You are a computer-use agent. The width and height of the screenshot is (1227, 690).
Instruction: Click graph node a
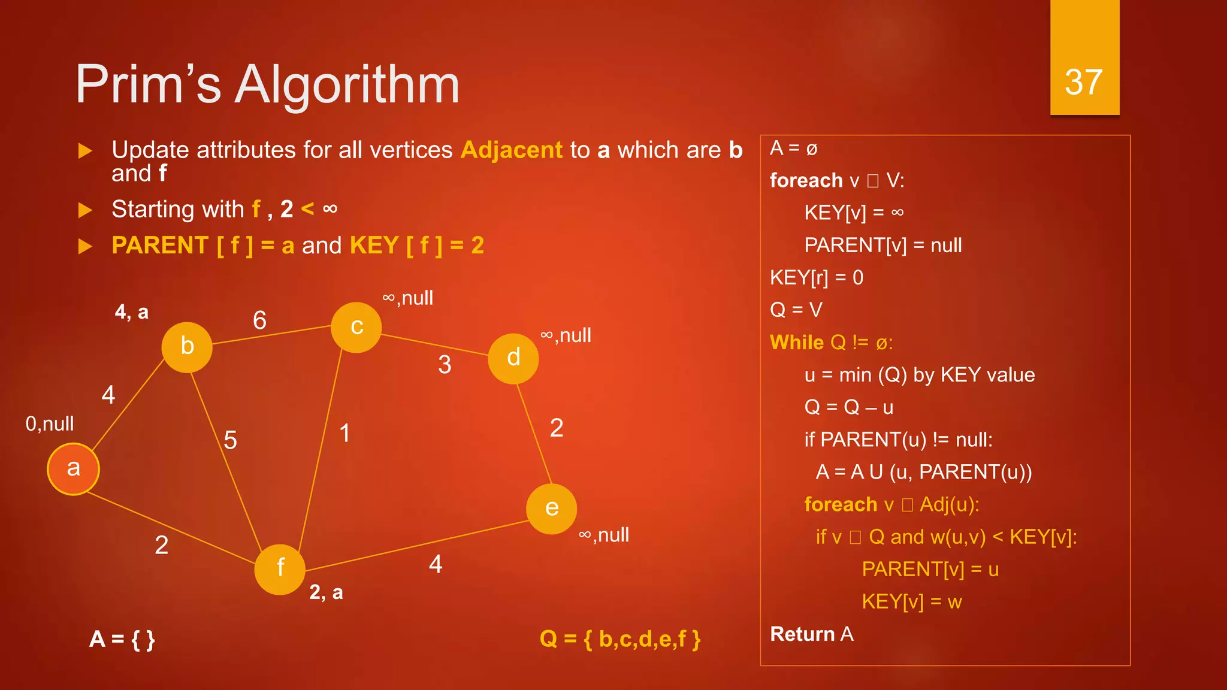coord(73,469)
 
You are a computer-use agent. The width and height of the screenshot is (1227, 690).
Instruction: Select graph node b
coord(187,347)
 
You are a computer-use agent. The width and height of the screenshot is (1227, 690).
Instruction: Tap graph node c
coord(356,327)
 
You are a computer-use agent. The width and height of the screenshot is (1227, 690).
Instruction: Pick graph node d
coord(513,358)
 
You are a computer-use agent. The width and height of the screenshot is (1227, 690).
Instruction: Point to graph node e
coord(551,509)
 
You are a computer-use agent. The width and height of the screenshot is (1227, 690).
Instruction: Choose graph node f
coord(280,568)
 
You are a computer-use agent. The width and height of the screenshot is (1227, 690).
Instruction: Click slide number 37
coord(1084,82)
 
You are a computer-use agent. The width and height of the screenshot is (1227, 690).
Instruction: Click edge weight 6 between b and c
coord(259,320)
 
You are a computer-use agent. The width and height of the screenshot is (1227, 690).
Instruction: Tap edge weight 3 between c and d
coord(445,365)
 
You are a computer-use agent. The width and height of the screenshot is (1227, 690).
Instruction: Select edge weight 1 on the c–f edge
coord(344,433)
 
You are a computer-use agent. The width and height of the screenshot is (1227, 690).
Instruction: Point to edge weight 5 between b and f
coord(231,440)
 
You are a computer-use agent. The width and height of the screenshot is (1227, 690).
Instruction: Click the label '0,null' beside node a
coord(50,424)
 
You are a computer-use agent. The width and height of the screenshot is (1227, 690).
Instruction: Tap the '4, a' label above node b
coord(132,312)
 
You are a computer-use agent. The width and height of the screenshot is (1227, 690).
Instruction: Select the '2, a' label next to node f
coord(326,592)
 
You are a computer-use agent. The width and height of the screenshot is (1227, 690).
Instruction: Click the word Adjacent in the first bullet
coord(512,150)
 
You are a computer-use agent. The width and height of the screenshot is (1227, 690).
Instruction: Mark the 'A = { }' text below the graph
coord(122,639)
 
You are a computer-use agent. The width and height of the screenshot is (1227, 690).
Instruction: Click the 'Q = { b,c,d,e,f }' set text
coord(619,639)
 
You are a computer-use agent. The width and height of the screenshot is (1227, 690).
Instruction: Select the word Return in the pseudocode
coord(802,634)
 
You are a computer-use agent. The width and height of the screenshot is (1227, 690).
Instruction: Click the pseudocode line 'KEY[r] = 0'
coord(817,278)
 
